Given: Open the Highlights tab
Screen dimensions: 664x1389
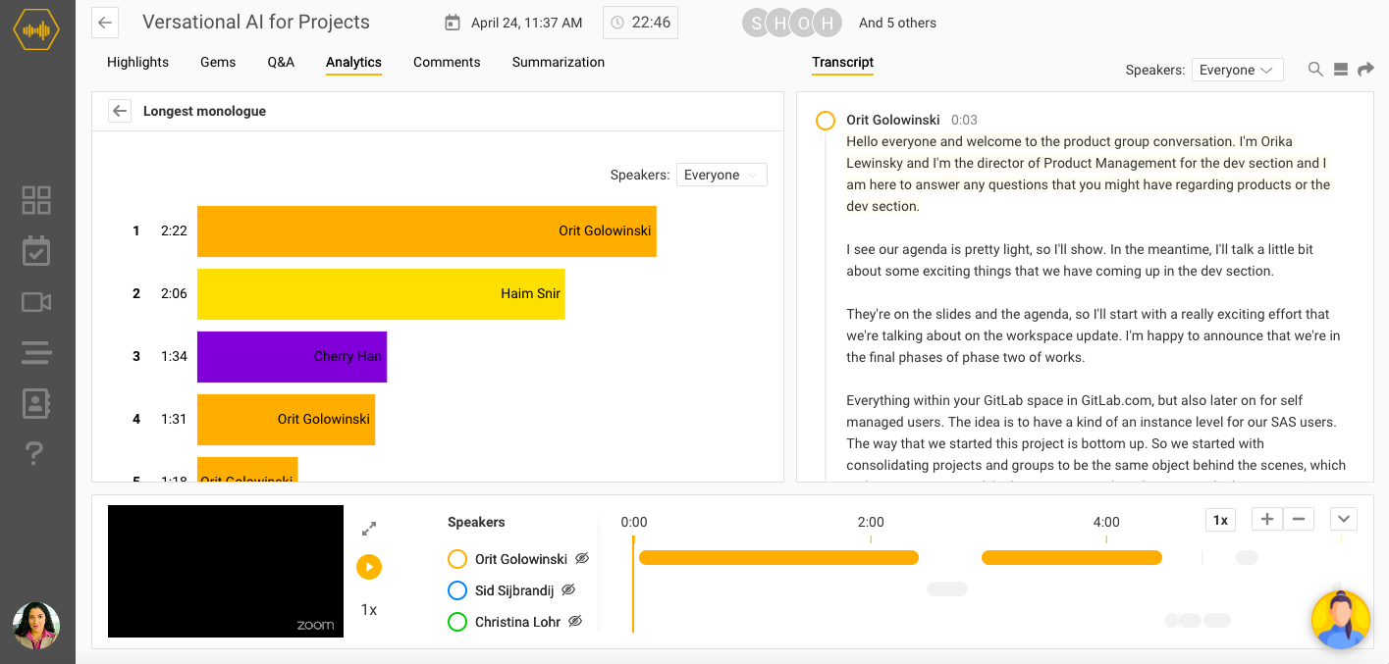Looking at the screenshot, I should pyautogui.click(x=137, y=62).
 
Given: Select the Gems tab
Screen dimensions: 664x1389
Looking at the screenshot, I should pyautogui.click(x=218, y=62).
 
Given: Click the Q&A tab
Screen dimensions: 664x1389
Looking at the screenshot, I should pyautogui.click(x=281, y=62).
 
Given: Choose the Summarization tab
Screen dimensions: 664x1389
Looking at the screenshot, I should pyautogui.click(x=558, y=62).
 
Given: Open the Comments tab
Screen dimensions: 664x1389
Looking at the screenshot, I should pyautogui.click(x=447, y=62).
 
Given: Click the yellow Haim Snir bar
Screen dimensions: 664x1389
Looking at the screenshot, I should pyautogui.click(x=381, y=293).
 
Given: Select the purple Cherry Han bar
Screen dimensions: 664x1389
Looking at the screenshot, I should pyautogui.click(x=292, y=356).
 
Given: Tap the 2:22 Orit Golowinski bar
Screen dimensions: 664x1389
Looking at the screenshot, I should pyautogui.click(x=426, y=231).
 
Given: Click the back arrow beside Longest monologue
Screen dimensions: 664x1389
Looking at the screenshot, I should pyautogui.click(x=120, y=111).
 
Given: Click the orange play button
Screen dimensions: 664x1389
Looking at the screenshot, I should pyautogui.click(x=369, y=566).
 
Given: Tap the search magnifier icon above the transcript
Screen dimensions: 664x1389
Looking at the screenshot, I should pyautogui.click(x=1315, y=69).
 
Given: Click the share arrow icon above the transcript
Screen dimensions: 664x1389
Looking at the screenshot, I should pyautogui.click(x=1365, y=69).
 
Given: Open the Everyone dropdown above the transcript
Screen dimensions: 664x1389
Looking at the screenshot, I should pyautogui.click(x=1237, y=70).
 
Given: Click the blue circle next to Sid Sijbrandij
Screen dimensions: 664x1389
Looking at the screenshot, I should pyautogui.click(x=456, y=590).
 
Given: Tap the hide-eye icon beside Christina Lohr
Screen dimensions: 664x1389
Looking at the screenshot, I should pyautogui.click(x=576, y=621).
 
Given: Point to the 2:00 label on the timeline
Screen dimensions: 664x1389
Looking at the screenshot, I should pyautogui.click(x=871, y=522).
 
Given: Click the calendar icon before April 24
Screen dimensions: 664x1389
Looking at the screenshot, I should pyautogui.click(x=453, y=23).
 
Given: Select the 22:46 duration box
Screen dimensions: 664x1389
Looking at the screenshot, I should pyautogui.click(x=640, y=23).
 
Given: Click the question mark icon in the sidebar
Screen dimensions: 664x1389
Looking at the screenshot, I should pyautogui.click(x=35, y=452).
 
